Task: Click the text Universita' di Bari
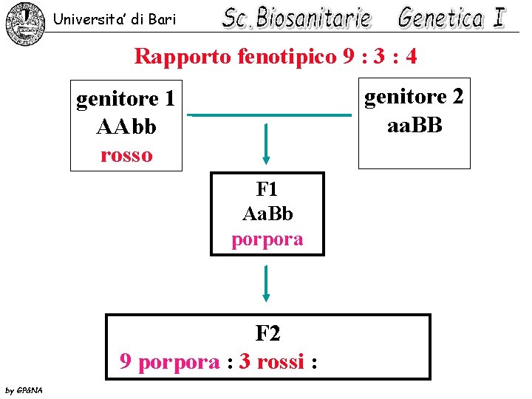115,20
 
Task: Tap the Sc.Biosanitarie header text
297,18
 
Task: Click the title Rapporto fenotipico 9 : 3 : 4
276,56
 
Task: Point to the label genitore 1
126,98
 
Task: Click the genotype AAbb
126,126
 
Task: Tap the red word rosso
126,154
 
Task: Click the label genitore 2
414,97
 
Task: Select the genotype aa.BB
415,124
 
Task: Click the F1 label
267,188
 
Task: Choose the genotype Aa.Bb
267,214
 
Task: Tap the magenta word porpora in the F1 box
267,239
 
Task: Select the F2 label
267,334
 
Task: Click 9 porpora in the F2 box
169,362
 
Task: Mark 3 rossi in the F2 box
271,362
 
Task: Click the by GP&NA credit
24,390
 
